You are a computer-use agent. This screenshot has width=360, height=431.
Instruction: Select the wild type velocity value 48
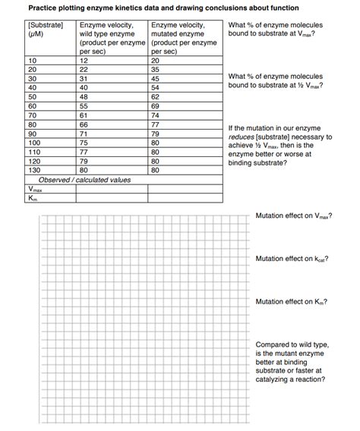coord(84,97)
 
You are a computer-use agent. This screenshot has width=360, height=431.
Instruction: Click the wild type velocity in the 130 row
coord(84,170)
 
